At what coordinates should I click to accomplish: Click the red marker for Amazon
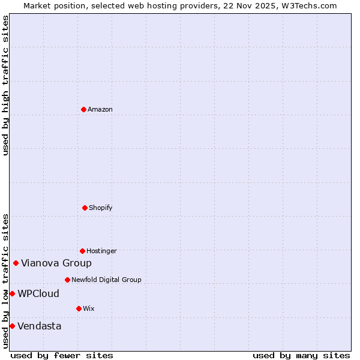(x=83, y=109)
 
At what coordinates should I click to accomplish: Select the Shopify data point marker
(x=85, y=208)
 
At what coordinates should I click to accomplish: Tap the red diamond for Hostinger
(x=82, y=251)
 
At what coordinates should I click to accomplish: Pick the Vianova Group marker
(x=16, y=263)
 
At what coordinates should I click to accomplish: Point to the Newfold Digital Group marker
(x=67, y=280)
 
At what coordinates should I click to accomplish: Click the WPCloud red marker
(x=12, y=293)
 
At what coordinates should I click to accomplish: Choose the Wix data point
(x=79, y=308)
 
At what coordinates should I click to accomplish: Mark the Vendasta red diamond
(x=12, y=326)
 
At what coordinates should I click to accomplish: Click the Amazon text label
(x=100, y=109)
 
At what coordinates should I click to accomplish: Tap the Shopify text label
(x=101, y=208)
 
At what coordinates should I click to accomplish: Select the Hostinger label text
(x=101, y=251)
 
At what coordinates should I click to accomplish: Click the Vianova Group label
(x=56, y=263)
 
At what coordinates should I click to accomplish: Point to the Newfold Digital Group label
(x=106, y=280)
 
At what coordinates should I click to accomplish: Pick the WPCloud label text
(x=38, y=293)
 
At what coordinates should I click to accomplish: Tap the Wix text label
(x=89, y=308)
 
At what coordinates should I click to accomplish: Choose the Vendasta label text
(x=39, y=326)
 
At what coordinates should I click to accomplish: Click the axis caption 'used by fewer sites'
(x=62, y=355)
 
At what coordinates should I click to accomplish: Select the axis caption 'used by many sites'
(x=301, y=355)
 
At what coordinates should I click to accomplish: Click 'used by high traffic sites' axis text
(x=5, y=85)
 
